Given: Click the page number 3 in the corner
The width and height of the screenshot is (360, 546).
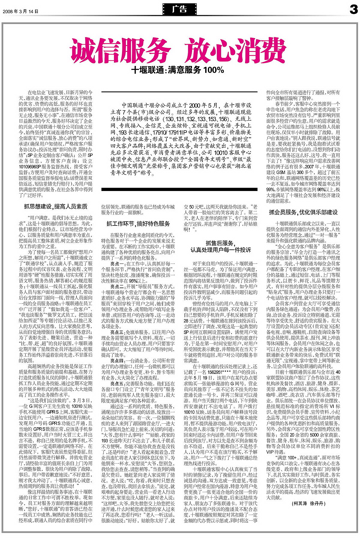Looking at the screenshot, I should tap(353, 10).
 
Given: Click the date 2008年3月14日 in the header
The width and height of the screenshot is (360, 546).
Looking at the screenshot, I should tap(21, 11).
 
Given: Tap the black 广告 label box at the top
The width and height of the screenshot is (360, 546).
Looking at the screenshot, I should tap(180, 9).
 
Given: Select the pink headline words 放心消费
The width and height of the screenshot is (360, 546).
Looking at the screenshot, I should tap(235, 51).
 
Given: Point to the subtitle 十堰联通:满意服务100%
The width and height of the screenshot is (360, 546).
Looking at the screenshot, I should tap(178, 70).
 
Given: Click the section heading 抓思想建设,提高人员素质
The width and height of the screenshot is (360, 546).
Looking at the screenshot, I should tap(56, 207).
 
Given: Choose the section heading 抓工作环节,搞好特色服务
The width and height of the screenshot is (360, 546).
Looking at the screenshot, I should tap(138, 224).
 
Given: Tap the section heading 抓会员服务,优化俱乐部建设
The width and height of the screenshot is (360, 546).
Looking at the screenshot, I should tap(303, 212).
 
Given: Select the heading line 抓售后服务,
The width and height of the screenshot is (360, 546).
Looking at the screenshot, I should tap(220, 243).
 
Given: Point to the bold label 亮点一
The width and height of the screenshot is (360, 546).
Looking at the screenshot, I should tap(117, 264).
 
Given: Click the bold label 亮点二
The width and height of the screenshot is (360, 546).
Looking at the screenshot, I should tap(117, 287).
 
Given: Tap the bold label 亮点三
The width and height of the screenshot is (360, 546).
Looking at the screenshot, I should tap(117, 332).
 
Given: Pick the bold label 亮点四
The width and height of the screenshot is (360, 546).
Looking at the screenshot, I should tap(117, 361).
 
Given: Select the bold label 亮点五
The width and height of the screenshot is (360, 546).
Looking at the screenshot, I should tap(117, 383).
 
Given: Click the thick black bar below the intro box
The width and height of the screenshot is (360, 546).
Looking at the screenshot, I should tap(179, 189).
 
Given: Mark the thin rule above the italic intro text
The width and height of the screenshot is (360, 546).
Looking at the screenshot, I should tap(179, 92).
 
